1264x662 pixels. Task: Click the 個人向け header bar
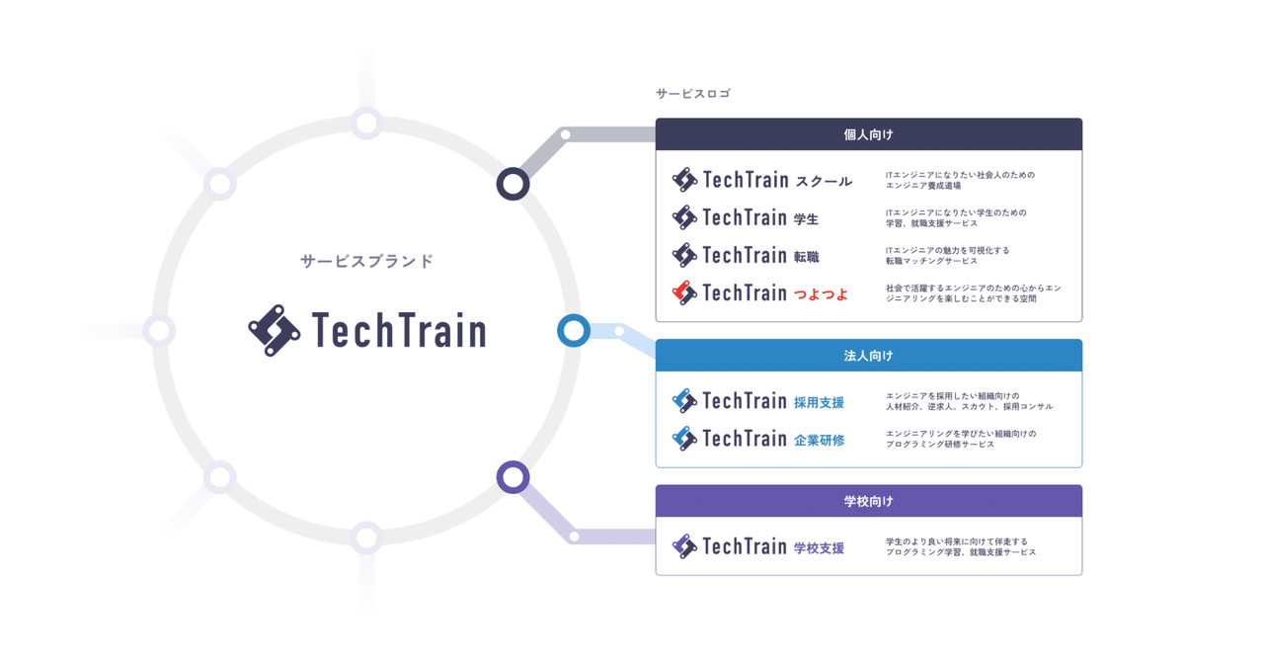(x=868, y=134)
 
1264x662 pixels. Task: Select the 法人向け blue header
(x=868, y=356)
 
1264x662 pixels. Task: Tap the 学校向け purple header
(x=868, y=501)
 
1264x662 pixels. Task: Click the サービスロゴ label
(x=693, y=94)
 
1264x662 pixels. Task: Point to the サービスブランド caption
(x=367, y=262)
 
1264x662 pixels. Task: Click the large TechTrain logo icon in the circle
(x=275, y=330)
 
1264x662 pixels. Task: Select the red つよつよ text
(x=822, y=293)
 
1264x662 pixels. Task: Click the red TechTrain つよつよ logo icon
(x=684, y=292)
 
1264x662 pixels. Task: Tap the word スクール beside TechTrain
(x=824, y=181)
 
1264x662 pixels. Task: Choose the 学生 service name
(x=807, y=218)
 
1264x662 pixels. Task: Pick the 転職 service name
(x=807, y=256)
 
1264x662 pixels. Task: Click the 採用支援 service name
(x=819, y=402)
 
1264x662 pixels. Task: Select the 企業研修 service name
(x=819, y=440)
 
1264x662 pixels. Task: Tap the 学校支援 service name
(x=819, y=547)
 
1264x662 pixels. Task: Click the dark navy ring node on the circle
(x=513, y=184)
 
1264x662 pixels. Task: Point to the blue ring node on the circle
(x=574, y=330)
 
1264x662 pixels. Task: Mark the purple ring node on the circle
(x=513, y=477)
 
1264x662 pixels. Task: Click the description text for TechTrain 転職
(x=947, y=255)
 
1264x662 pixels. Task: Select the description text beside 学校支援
(x=960, y=546)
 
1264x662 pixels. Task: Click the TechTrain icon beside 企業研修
(x=684, y=439)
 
